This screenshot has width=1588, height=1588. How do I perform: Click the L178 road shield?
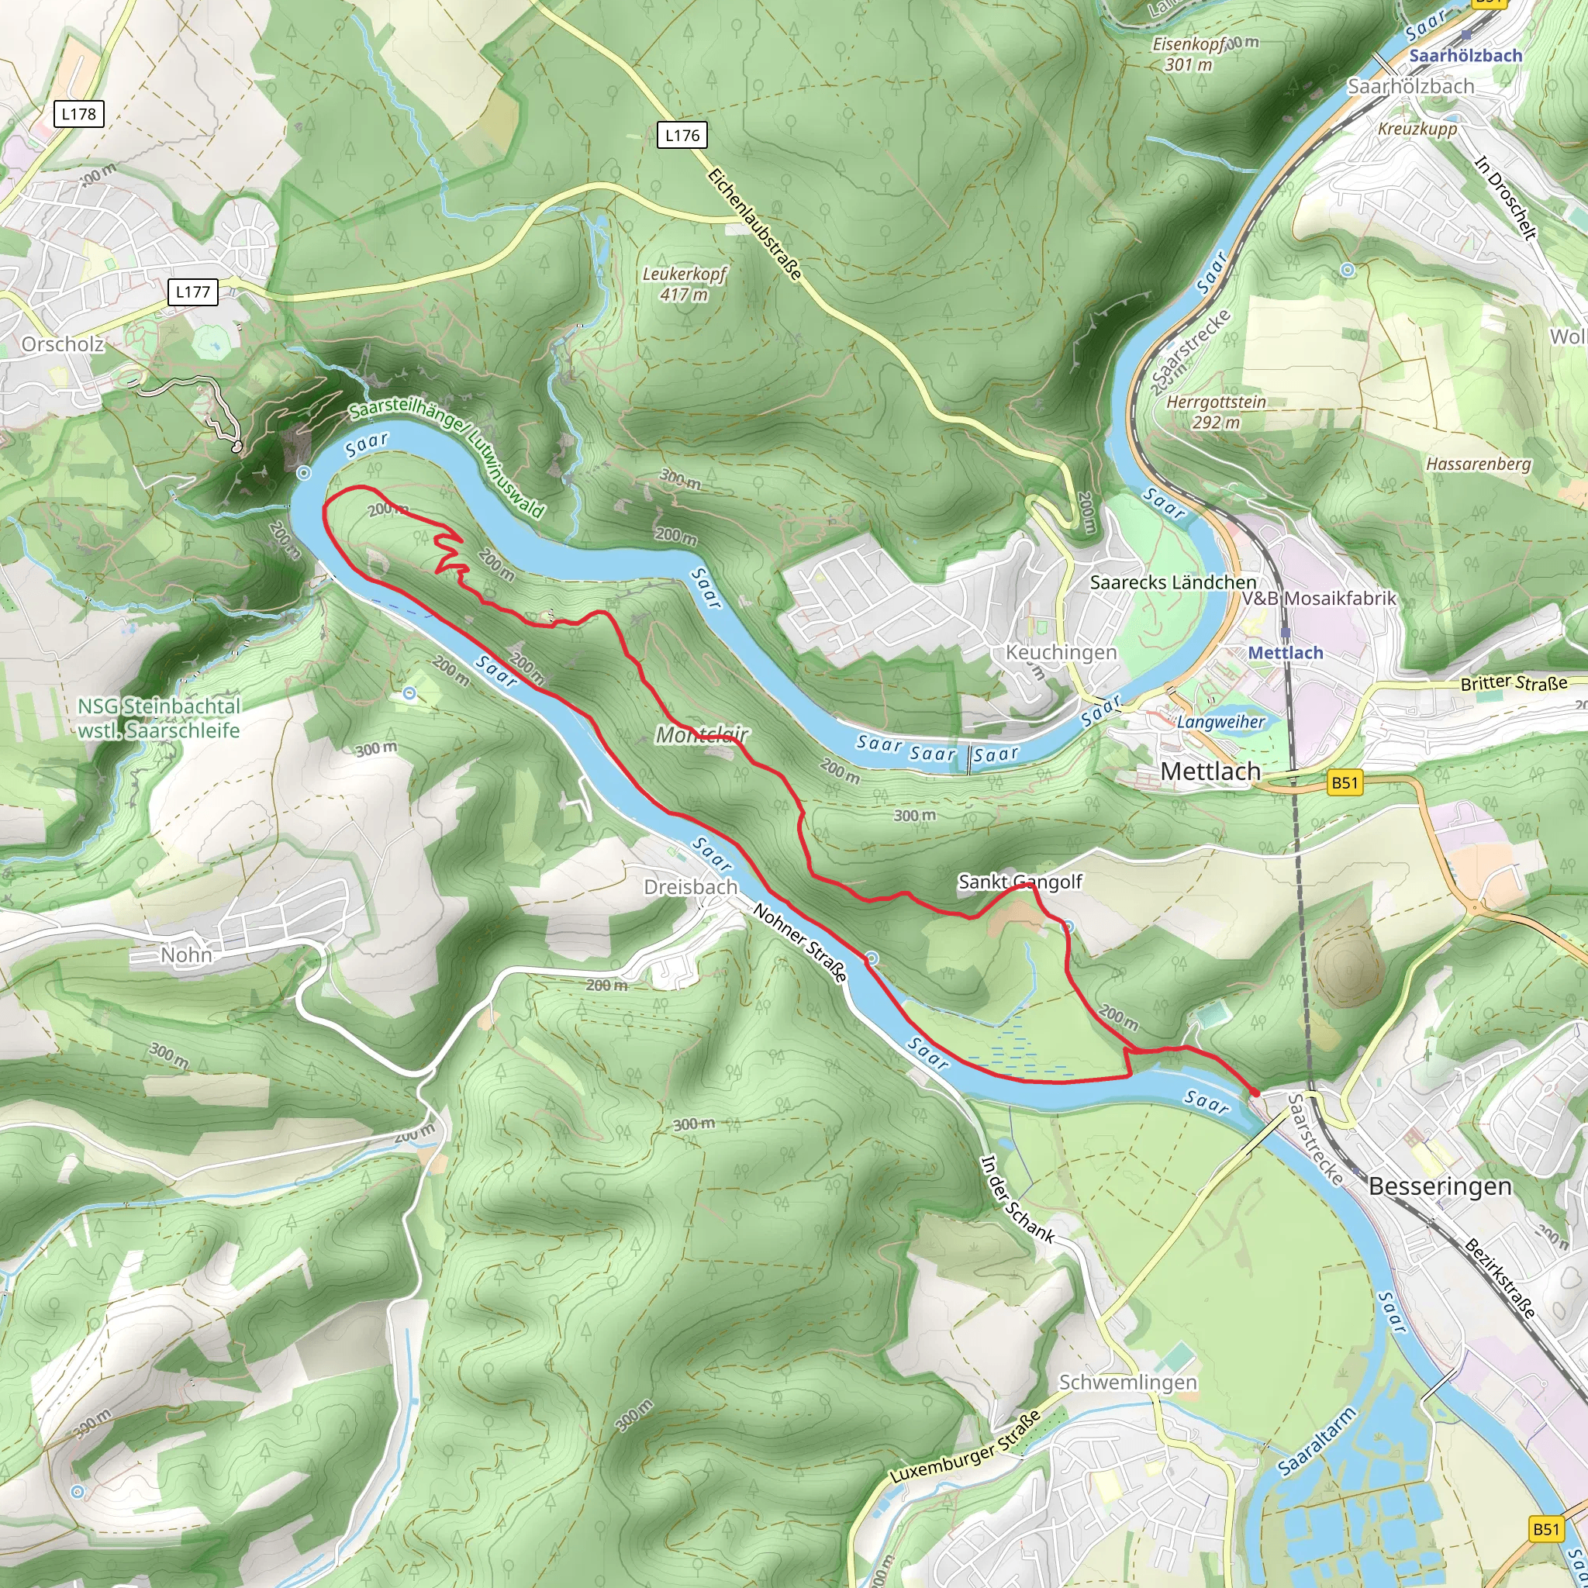[x=79, y=114]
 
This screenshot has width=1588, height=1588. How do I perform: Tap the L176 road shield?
[x=682, y=136]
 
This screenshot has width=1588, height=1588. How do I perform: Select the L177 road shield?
[x=192, y=292]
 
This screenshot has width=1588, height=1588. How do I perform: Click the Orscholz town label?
[x=63, y=344]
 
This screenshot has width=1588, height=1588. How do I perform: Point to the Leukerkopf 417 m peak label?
[x=685, y=284]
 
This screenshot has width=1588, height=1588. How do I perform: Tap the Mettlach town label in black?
[x=1210, y=772]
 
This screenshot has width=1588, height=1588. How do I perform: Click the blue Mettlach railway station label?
[x=1286, y=653]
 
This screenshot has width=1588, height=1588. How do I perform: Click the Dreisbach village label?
[x=690, y=887]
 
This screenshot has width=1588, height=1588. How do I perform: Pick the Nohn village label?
[x=186, y=955]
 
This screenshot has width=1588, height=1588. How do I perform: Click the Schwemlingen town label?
[x=1127, y=1383]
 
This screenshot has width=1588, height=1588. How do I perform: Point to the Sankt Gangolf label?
[x=1020, y=882]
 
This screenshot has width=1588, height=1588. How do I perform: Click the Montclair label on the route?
[x=702, y=735]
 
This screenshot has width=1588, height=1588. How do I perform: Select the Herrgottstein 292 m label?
[x=1217, y=412]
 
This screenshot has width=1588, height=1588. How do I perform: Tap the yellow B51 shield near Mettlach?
[x=1345, y=782]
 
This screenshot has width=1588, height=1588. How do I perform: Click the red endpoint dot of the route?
[x=1255, y=1093]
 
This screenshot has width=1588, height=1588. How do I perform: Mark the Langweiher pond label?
[x=1221, y=722]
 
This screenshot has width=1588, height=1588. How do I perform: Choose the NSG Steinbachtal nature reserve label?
[x=160, y=718]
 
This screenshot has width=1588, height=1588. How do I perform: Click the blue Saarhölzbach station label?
[x=1465, y=56]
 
